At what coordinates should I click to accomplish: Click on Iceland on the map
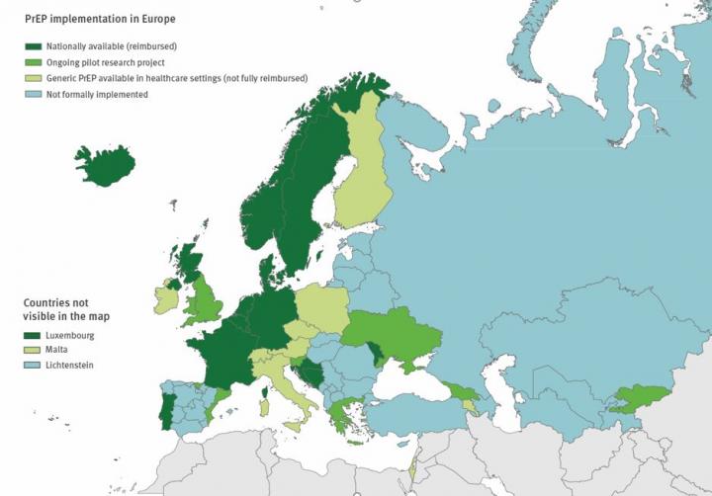(x=104, y=165)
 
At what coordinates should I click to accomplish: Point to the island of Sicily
(x=295, y=427)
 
